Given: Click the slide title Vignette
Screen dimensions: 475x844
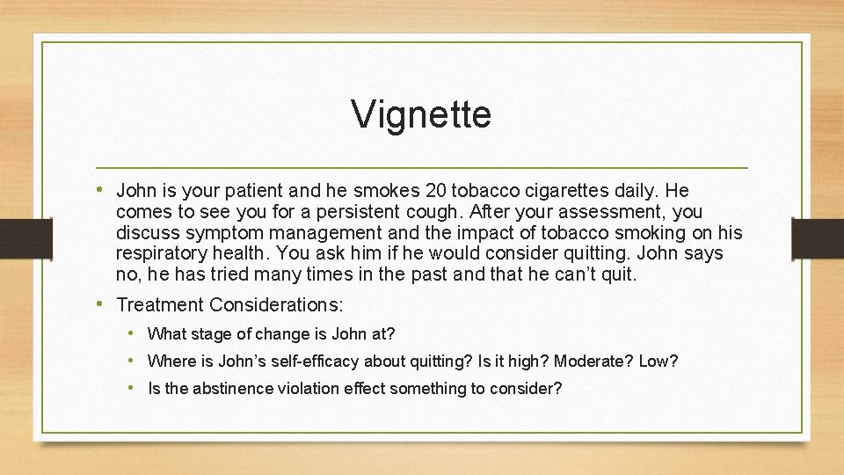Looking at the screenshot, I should (x=421, y=114).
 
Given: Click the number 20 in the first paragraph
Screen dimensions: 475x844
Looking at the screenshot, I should (x=436, y=190).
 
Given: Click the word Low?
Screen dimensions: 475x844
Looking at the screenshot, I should (x=658, y=362).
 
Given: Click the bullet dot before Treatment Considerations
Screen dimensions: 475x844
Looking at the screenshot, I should (x=102, y=304).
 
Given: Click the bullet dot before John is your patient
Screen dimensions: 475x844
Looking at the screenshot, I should (x=102, y=189).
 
